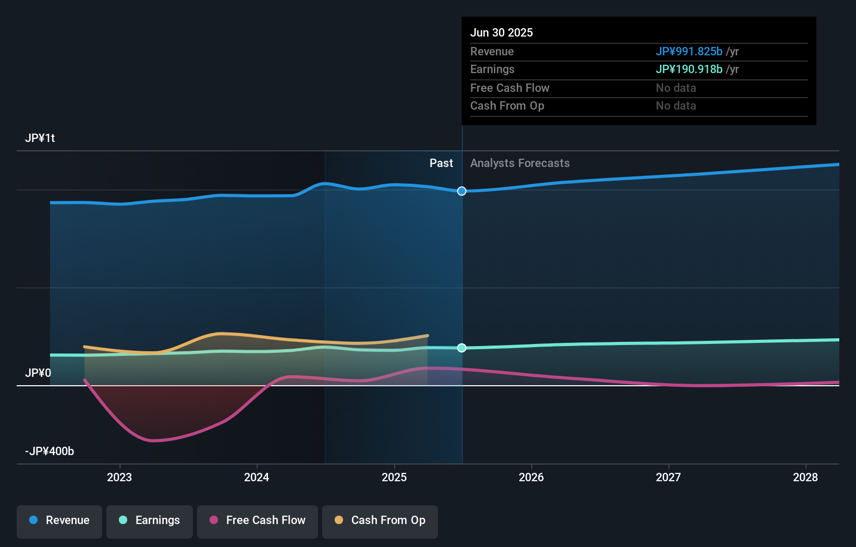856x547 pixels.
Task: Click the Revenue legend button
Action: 59,520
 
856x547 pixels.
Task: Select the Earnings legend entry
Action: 150,520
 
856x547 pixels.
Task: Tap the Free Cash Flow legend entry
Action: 258,520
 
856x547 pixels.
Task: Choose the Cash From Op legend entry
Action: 380,520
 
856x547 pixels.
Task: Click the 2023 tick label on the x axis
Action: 119,477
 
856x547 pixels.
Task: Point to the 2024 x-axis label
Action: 256,477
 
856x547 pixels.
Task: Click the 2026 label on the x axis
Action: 531,477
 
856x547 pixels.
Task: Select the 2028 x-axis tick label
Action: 805,477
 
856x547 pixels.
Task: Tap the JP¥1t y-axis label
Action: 40,138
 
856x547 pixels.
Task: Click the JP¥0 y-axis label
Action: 38,373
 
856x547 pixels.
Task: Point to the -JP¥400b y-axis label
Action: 50,451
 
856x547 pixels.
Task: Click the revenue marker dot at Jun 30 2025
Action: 462,191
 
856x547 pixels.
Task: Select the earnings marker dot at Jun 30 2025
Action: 462,348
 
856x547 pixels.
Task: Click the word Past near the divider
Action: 441,163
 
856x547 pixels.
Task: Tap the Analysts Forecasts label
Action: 520,163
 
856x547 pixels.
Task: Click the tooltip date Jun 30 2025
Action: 502,32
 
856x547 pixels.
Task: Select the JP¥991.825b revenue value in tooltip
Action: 689,51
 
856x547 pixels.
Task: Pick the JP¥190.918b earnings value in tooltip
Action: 689,69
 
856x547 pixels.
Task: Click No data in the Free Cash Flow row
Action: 676,88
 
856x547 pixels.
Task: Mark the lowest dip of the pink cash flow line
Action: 153,441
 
